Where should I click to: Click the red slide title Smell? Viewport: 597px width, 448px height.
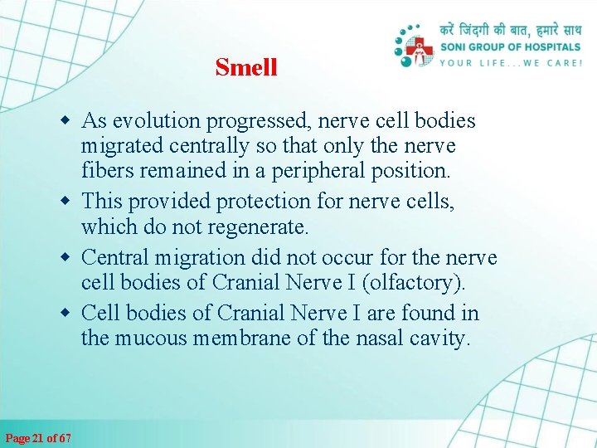tap(245, 67)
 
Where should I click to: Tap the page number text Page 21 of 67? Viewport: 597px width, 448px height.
tap(38, 437)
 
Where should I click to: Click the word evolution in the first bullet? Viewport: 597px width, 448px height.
tap(153, 121)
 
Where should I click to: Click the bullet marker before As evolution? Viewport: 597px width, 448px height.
tap(70, 122)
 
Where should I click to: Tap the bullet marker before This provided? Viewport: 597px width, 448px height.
tap(70, 202)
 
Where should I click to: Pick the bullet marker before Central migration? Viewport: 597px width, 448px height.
tap(70, 258)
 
